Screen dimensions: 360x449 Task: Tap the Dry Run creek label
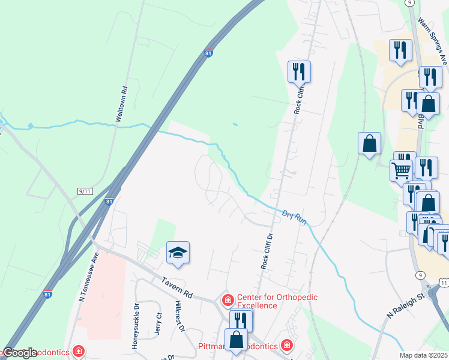click(295, 217)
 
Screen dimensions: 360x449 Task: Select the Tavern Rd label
click(176, 286)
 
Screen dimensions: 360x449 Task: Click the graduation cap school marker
click(178, 253)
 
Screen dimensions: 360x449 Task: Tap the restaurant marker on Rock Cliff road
click(298, 72)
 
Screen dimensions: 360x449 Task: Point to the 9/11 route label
click(84, 191)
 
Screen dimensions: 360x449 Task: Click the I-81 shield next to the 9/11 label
click(109, 202)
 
